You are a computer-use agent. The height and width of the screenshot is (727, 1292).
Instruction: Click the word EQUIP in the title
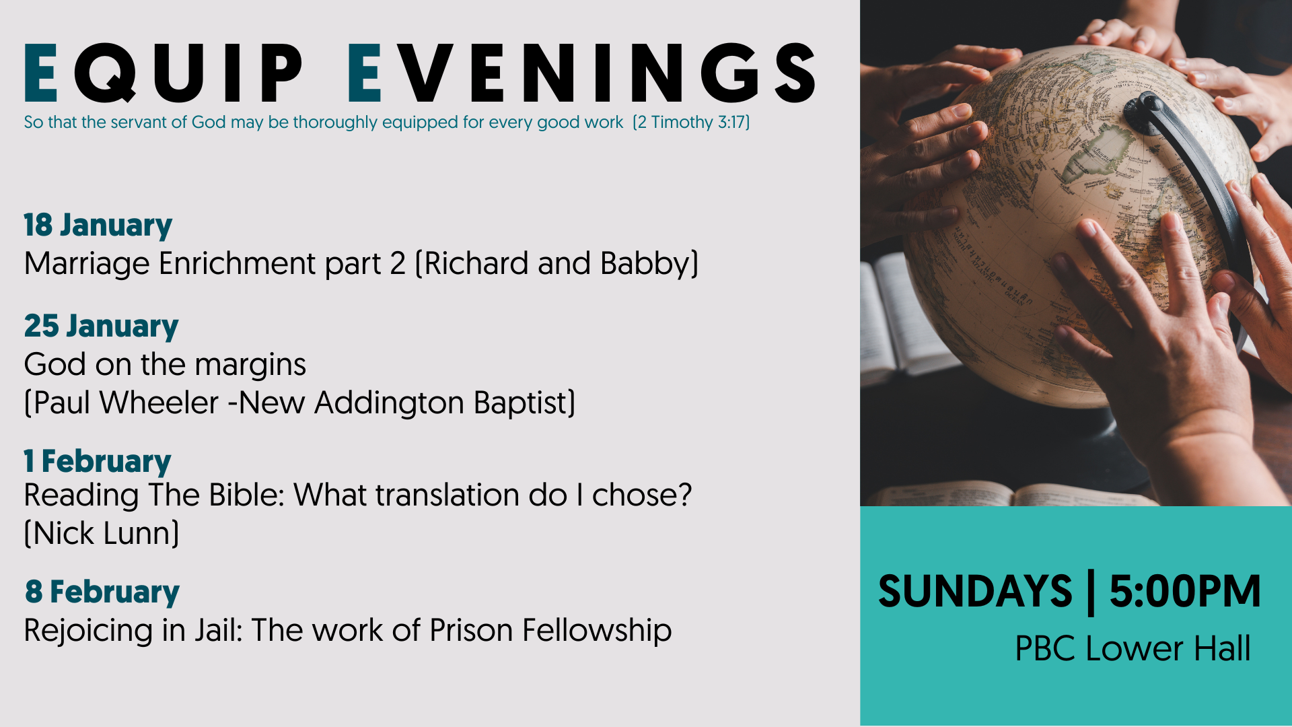164,73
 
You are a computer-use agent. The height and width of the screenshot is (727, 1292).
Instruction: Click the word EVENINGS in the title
582,73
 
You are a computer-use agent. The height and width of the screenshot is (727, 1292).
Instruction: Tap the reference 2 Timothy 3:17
691,122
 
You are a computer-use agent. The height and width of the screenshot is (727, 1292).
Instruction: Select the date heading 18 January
98,226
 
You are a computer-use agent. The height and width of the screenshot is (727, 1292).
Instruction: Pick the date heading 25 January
102,327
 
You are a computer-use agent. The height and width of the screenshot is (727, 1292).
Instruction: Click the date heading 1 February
98,462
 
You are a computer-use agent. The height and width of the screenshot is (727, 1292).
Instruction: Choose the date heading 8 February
102,592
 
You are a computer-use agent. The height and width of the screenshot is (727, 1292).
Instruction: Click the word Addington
389,404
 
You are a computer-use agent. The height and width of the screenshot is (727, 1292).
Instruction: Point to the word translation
447,495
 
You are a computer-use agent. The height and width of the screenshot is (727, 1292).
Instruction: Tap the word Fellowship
597,631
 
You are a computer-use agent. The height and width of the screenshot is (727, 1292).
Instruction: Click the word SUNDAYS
975,592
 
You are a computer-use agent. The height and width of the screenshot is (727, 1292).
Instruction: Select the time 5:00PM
1185,592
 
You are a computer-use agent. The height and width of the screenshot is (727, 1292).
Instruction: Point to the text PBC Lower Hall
1133,649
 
